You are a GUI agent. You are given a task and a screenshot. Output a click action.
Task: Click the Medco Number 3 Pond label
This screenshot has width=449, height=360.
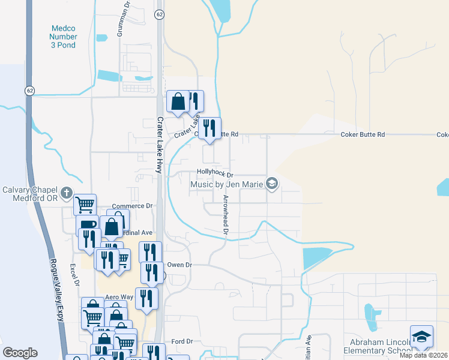click(x=64, y=36)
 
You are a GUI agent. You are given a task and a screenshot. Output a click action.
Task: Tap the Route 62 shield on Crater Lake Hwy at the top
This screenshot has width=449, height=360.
click(x=158, y=14)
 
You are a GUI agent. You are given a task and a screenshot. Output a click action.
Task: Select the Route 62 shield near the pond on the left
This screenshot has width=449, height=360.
click(x=29, y=90)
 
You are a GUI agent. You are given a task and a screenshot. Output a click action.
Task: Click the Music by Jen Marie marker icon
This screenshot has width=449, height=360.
click(x=272, y=184)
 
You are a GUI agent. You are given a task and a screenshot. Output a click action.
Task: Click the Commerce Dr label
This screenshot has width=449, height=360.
click(x=132, y=206)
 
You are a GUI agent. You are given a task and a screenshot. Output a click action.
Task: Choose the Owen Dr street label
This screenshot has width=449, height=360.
click(x=179, y=265)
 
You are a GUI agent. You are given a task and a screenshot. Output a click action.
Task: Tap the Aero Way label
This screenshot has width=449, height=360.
click(x=119, y=297)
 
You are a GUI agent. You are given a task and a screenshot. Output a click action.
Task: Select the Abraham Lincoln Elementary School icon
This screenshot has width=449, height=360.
click(x=421, y=336)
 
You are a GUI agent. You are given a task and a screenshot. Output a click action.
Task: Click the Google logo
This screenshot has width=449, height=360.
click(x=20, y=353)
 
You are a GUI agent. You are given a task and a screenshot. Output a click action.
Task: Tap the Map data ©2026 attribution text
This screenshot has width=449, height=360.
click(x=423, y=355)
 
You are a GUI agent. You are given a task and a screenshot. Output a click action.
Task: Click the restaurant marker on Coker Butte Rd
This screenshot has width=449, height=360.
click(x=209, y=128)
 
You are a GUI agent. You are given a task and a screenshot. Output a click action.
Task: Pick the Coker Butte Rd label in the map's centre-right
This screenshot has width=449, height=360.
click(x=363, y=134)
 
